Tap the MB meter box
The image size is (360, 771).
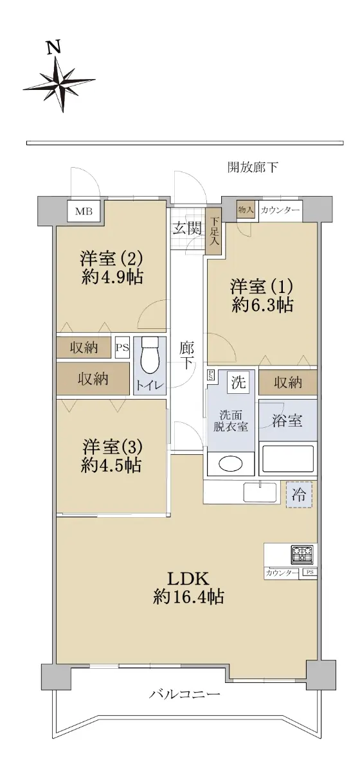84,211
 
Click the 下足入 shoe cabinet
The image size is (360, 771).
213,232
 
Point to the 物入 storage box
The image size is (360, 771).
246,209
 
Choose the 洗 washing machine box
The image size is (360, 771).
239,382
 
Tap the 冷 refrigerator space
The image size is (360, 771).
299,495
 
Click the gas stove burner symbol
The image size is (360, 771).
302,554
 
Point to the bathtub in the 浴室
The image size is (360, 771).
287,459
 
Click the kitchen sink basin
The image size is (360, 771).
260,493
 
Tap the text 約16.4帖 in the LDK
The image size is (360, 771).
188,596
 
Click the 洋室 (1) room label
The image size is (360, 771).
262,286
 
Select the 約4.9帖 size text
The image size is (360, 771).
113,276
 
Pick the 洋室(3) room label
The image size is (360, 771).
113,447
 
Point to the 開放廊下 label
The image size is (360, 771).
253,167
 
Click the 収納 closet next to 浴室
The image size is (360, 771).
287,382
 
